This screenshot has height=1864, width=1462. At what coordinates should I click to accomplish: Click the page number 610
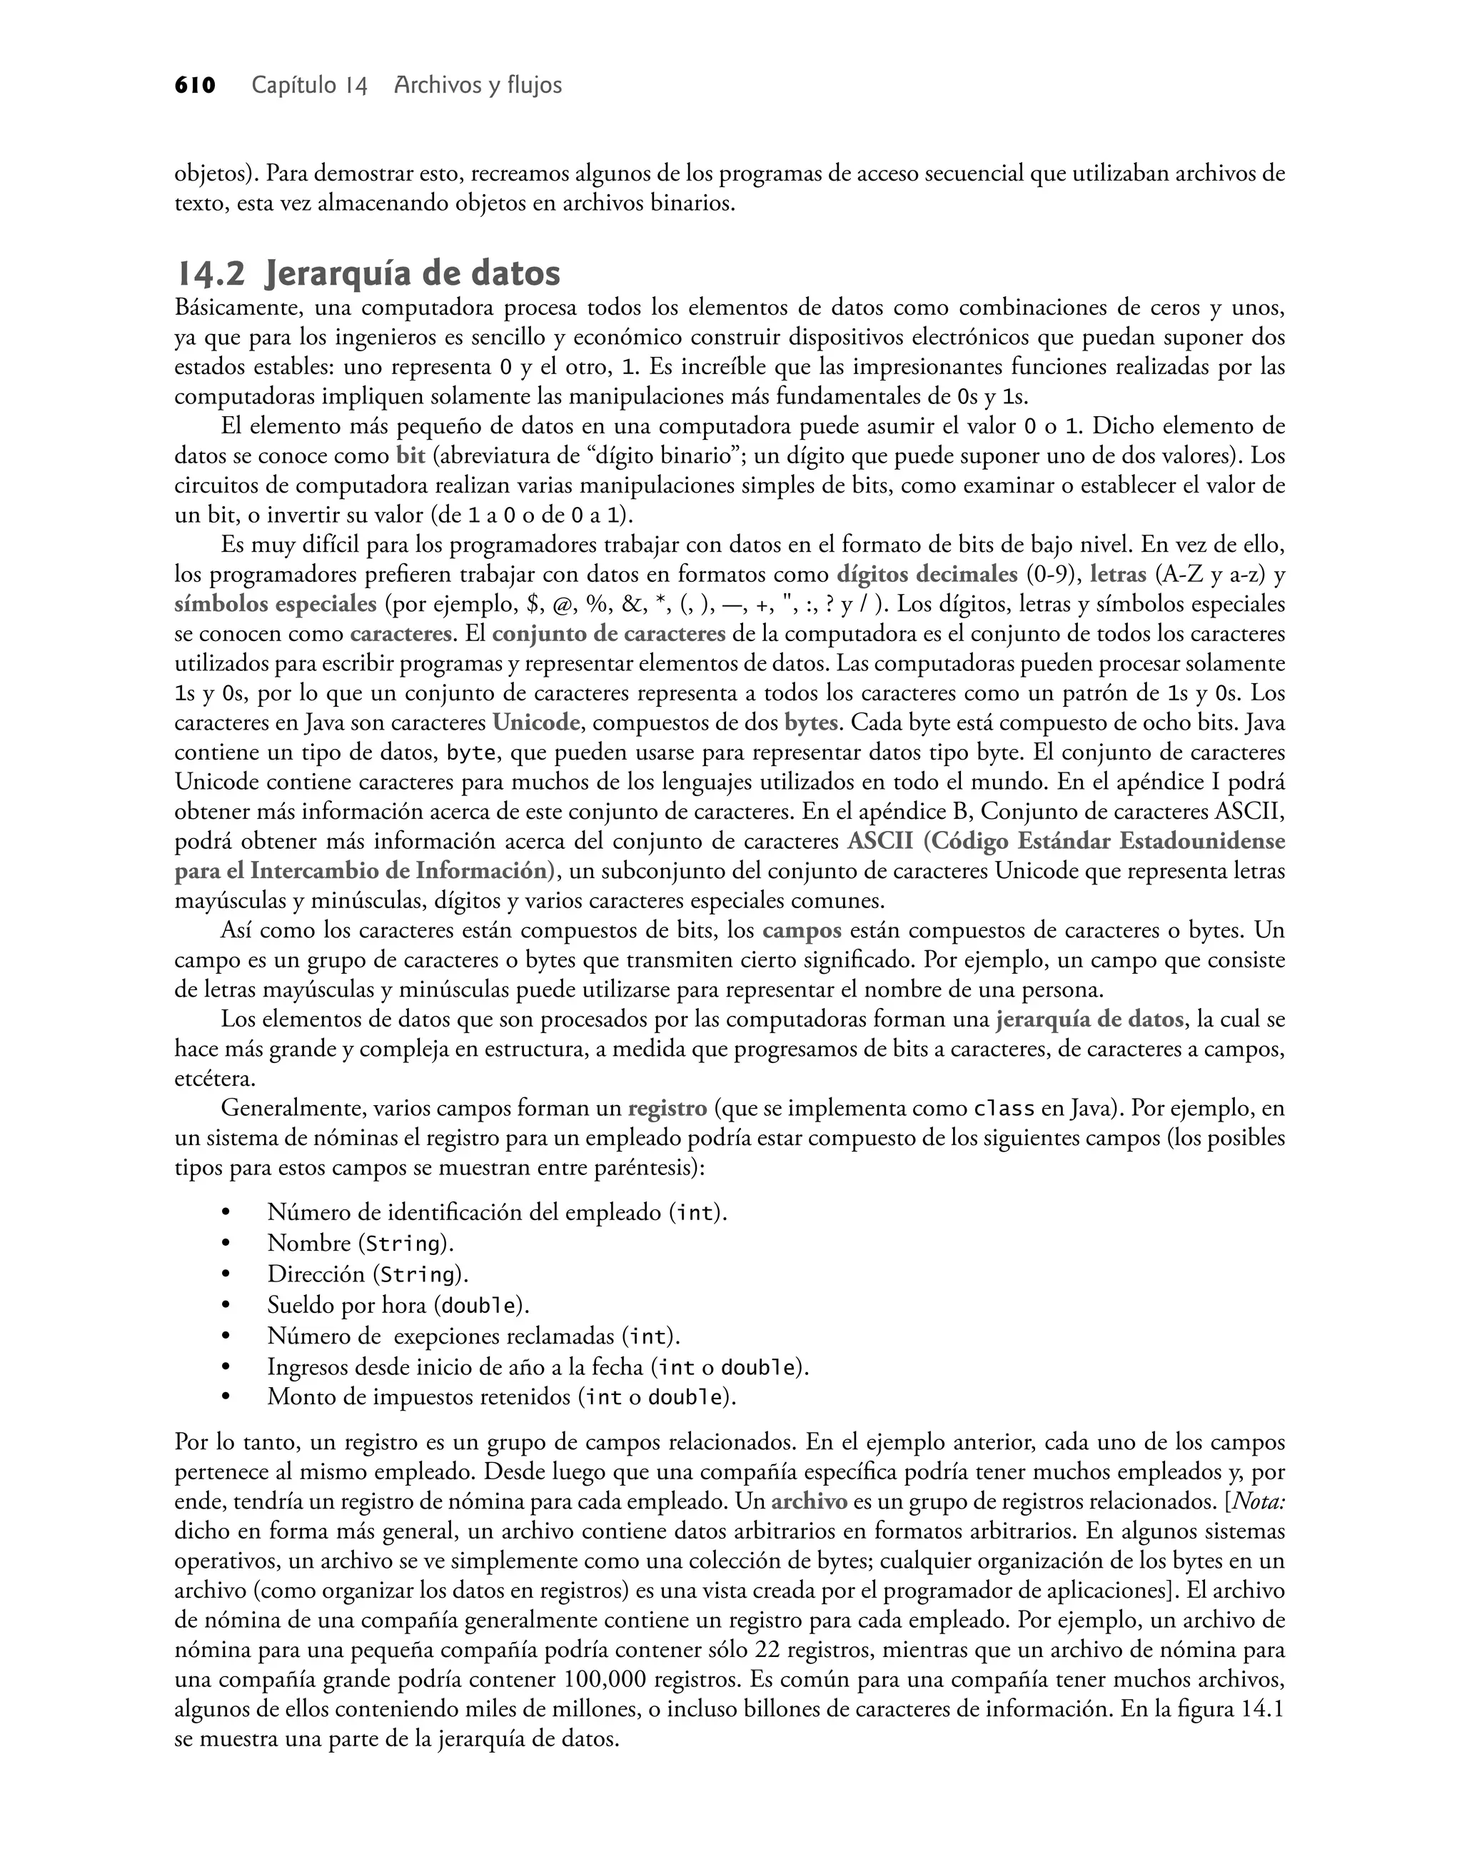point(195,86)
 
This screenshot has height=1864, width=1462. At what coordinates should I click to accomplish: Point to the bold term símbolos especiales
point(276,604)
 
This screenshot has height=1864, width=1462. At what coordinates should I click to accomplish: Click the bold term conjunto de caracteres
point(609,634)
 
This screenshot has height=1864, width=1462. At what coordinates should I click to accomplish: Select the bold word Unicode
point(537,723)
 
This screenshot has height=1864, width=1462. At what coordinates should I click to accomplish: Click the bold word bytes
point(811,723)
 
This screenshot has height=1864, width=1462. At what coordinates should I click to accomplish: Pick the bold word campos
point(802,931)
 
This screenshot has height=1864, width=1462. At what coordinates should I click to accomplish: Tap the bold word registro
point(667,1109)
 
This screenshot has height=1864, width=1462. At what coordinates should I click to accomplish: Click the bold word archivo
point(809,1502)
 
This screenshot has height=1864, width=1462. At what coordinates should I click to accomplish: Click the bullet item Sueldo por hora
point(398,1306)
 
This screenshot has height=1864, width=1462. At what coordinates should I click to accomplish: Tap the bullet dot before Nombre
point(226,1244)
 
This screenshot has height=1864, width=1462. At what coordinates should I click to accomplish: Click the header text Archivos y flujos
point(478,86)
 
